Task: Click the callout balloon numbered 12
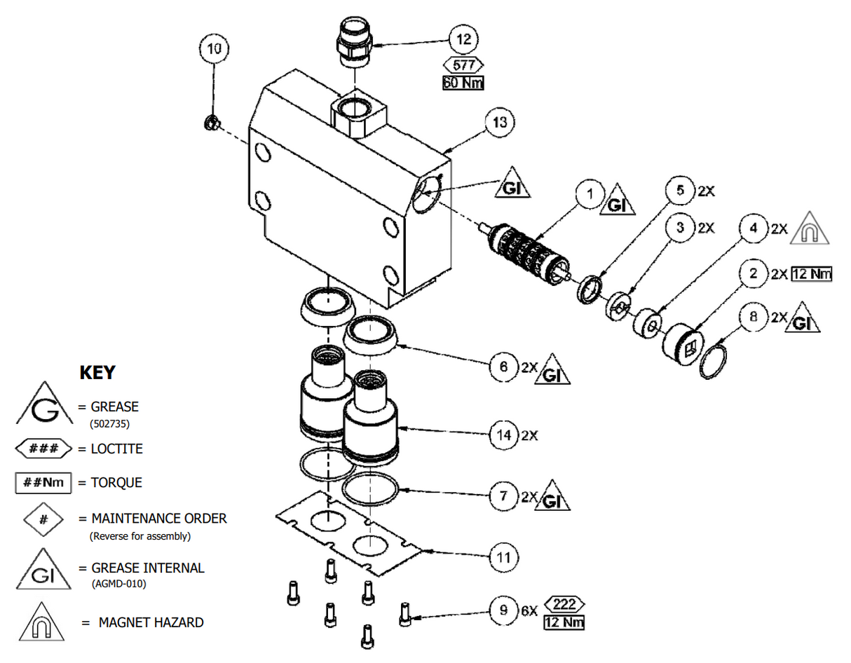click(464, 39)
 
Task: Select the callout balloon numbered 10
click(214, 49)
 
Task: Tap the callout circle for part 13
click(499, 122)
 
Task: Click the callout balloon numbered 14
click(503, 435)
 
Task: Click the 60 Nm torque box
click(463, 83)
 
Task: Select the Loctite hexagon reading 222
click(564, 604)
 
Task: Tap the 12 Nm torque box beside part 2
click(812, 274)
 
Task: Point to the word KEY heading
click(97, 373)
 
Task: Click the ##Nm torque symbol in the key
click(43, 483)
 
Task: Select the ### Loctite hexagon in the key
click(43, 449)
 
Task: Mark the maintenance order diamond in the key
click(43, 519)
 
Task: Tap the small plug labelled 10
click(208, 124)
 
